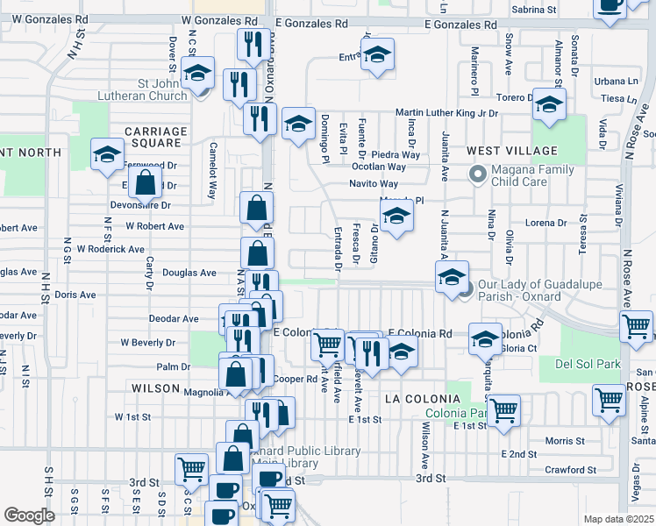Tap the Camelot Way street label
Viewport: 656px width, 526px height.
pos(211,171)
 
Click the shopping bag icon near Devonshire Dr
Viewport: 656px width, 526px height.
pos(146,183)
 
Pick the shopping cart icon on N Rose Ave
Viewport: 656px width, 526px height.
pos(636,326)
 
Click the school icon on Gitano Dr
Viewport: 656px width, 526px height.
pos(396,217)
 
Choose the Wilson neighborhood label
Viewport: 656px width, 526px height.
pos(155,387)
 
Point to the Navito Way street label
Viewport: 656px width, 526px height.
pos(374,184)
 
